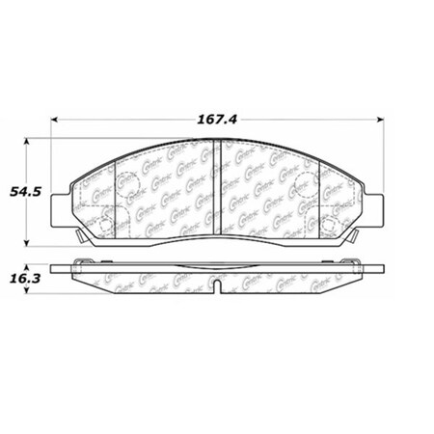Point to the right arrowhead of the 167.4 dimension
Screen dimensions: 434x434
[x=381, y=119]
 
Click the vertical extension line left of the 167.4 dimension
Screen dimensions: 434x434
[x=53, y=145]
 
